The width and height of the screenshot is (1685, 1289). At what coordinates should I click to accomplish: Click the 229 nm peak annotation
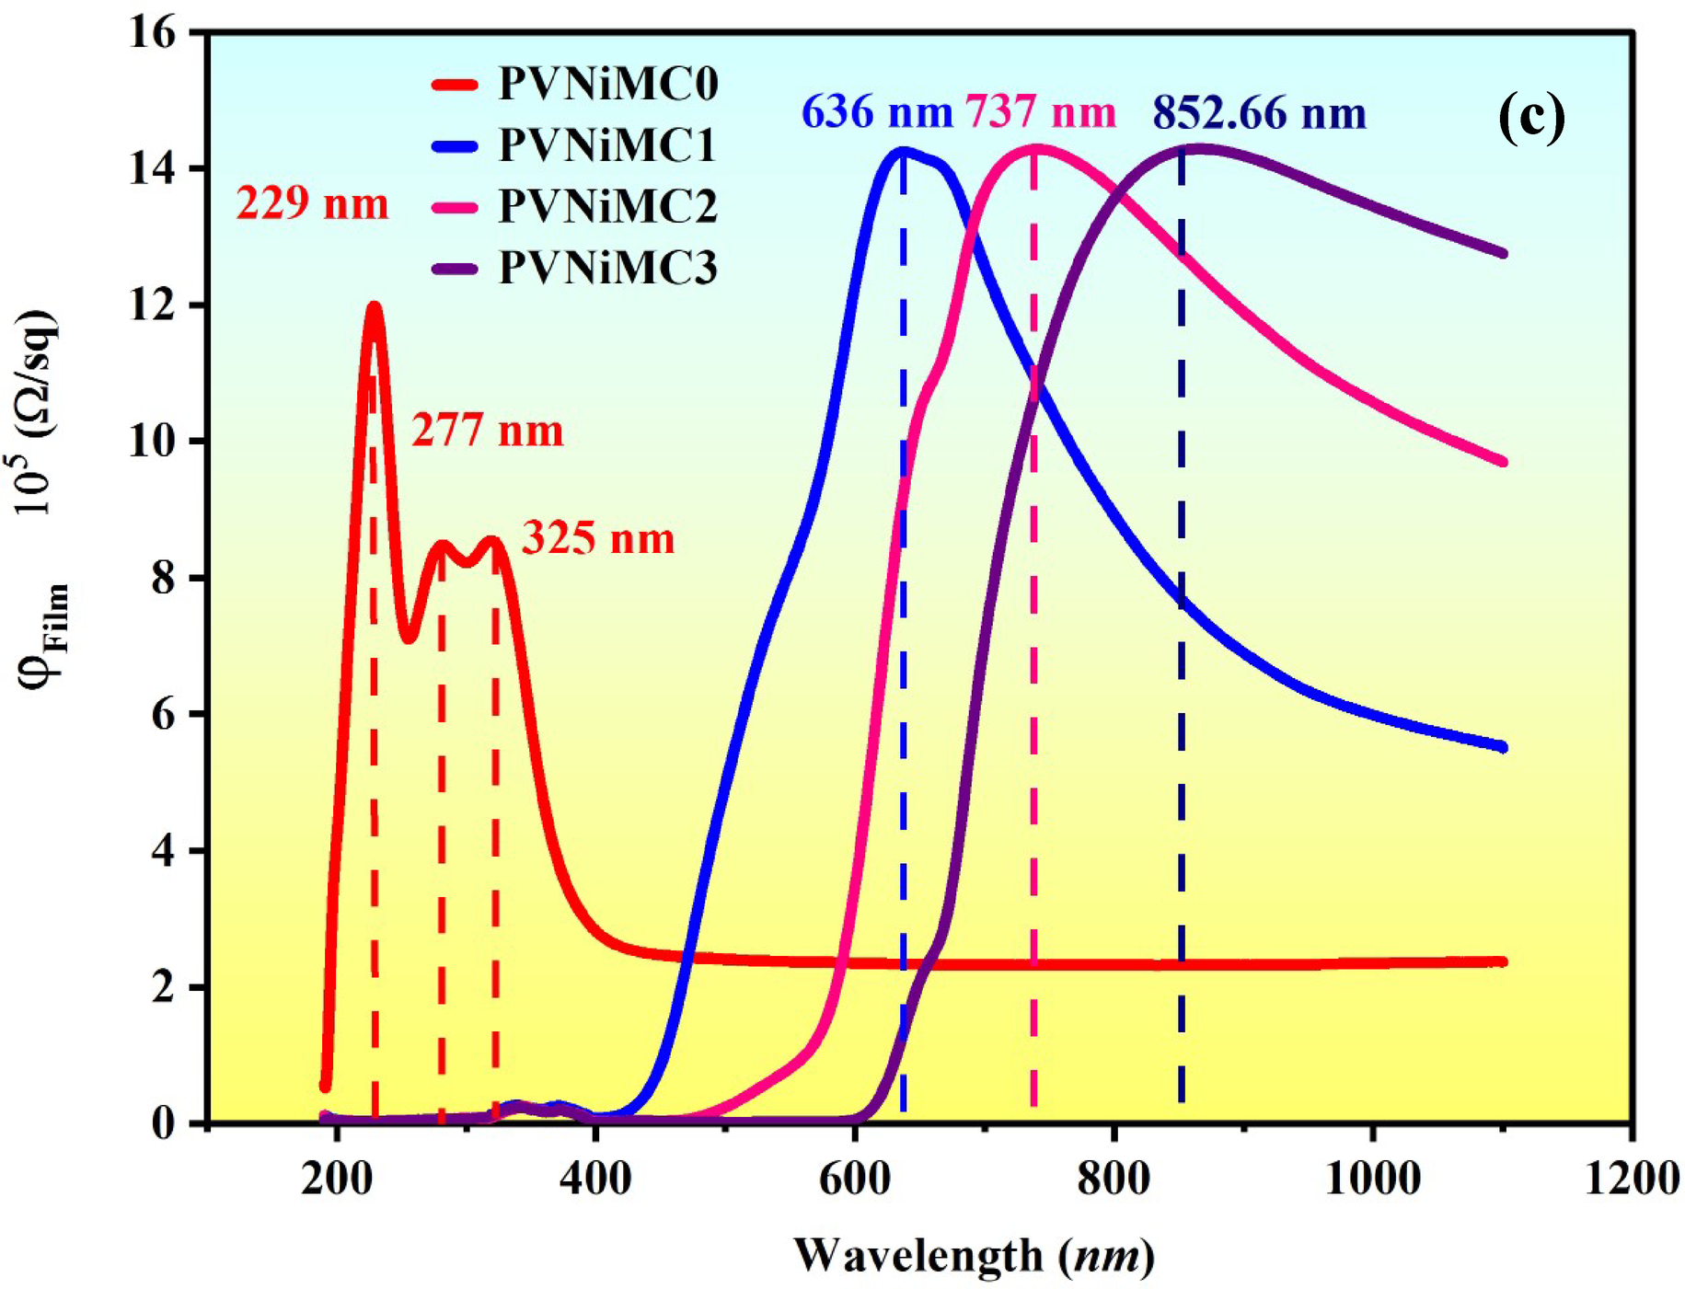312,203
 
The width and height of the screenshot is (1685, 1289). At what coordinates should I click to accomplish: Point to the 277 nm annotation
487,431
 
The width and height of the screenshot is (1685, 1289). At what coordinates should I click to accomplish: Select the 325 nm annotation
598,538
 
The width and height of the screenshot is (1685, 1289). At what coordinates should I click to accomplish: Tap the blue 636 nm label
876,112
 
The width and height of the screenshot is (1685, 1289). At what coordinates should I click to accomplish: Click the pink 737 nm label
1040,112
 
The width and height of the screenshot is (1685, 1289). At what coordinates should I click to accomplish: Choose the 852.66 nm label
1259,114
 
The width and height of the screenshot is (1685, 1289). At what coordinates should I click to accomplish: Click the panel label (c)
1531,118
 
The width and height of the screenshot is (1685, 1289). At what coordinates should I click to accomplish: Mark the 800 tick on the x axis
1114,1179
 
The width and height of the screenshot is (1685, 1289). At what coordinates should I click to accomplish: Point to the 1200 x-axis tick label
1632,1179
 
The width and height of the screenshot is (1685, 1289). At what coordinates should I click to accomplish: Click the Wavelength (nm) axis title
974,1256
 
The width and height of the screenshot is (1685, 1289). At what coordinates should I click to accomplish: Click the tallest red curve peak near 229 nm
374,307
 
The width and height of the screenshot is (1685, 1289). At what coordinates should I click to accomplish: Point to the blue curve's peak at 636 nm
903,150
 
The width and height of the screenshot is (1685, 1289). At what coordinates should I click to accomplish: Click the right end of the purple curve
1502,253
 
